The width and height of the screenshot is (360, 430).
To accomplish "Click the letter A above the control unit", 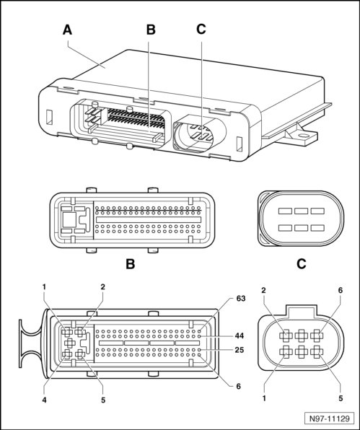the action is (x=67, y=30).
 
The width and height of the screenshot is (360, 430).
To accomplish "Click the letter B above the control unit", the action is (x=151, y=30).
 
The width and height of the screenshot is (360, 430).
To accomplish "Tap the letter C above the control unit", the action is (x=201, y=29).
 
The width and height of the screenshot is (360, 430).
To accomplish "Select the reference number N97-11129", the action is (x=330, y=418).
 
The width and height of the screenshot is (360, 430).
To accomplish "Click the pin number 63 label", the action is (x=241, y=299).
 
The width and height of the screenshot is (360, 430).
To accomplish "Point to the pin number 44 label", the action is (x=239, y=335).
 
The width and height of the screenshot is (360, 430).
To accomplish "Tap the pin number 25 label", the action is (x=239, y=350).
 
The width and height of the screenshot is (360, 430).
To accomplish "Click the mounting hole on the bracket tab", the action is (x=303, y=135).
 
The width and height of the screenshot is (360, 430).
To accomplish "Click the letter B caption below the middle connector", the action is (x=131, y=264).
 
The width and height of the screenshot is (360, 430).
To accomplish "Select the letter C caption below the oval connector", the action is (x=302, y=264).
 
